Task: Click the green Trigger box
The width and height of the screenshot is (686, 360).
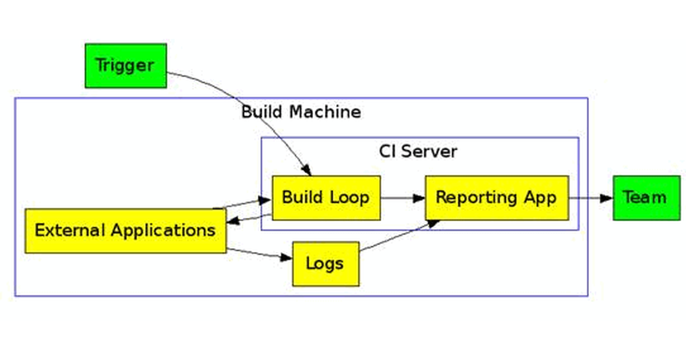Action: click(126, 66)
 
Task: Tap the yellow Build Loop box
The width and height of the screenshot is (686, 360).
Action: click(326, 198)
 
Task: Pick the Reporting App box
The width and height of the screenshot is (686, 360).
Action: click(496, 198)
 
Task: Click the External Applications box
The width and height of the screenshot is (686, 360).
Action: click(125, 231)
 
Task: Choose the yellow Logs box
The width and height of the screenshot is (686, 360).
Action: click(325, 264)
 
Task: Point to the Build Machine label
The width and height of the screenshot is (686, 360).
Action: click(301, 112)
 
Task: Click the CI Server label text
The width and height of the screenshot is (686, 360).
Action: click(418, 151)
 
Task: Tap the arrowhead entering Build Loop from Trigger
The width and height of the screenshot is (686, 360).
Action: click(306, 170)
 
